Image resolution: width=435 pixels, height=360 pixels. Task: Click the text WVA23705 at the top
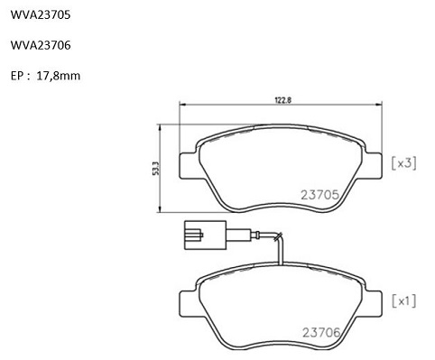pos(41,14)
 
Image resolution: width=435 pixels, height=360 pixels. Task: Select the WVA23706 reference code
pos(41,45)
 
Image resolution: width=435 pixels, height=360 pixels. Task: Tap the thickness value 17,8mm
pos(59,76)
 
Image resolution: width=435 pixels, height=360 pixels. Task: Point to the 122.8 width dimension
pos(283,100)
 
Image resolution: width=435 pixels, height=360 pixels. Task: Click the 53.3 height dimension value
pos(155,169)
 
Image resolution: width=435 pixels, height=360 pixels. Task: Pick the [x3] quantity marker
pos(404,163)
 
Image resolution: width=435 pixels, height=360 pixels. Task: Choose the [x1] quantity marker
pos(404,301)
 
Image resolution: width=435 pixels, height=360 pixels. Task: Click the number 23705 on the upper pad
pos(320,195)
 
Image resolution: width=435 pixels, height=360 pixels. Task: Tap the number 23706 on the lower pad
pos(321,332)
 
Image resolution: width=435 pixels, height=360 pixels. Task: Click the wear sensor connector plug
pos(205,235)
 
